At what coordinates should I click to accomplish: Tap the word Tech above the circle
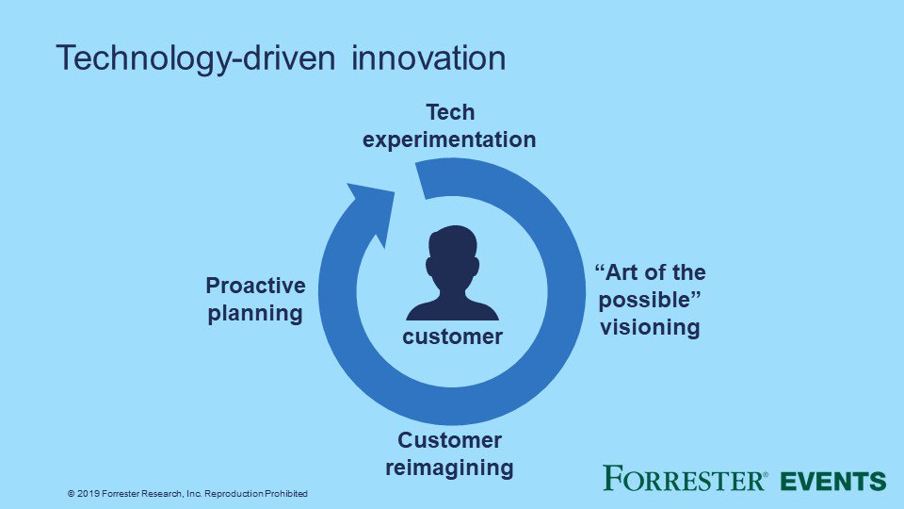(450, 113)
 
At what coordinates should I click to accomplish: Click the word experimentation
(450, 140)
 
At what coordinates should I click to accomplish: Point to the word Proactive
(255, 286)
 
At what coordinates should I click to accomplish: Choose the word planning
(255, 314)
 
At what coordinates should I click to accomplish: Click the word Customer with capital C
(450, 440)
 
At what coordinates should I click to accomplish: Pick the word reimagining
(450, 467)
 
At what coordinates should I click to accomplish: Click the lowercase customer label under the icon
(453, 337)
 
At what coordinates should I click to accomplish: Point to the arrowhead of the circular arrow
(374, 203)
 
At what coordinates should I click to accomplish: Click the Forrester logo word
(686, 479)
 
